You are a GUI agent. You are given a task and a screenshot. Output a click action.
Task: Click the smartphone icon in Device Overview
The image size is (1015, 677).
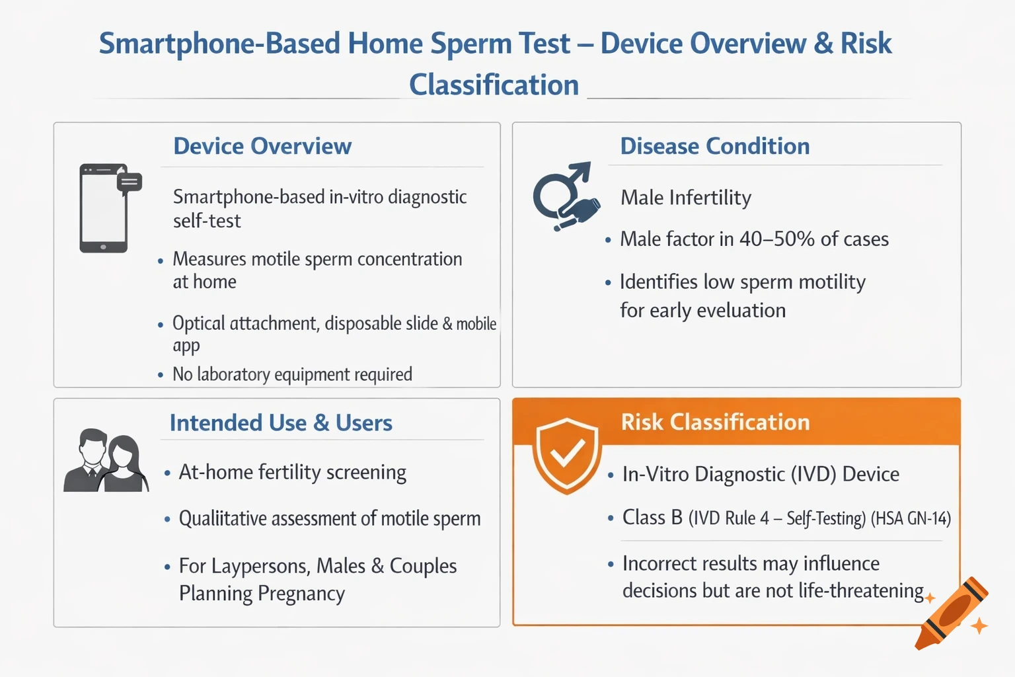[x=104, y=209]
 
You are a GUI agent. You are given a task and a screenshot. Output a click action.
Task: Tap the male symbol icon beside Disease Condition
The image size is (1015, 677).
[x=565, y=196]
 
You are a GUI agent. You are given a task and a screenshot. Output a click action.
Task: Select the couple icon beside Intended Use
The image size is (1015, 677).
[x=106, y=461]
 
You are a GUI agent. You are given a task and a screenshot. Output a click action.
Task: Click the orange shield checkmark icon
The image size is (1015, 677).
[x=567, y=455]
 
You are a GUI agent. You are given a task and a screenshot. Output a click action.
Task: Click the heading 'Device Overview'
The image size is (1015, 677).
[x=262, y=146]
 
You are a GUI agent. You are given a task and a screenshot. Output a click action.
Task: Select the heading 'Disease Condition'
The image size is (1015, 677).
[x=714, y=146]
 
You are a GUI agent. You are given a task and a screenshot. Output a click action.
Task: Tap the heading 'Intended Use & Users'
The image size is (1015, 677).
[x=281, y=422]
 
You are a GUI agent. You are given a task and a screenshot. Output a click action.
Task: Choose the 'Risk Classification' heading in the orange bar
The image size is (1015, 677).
[x=715, y=422]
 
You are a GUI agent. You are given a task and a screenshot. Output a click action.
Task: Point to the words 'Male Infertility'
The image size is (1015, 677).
[x=686, y=198]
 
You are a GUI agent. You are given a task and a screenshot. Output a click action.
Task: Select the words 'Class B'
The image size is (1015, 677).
[x=652, y=518]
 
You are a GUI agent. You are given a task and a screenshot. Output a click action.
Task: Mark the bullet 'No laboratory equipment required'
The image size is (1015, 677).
[x=292, y=375]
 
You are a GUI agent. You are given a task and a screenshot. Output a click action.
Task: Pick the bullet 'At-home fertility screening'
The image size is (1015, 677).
[x=292, y=473]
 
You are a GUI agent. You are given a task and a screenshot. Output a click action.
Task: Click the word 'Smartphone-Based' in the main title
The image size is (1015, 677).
[x=219, y=44]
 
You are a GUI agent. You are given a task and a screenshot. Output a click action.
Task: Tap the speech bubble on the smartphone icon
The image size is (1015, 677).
[x=130, y=182]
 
